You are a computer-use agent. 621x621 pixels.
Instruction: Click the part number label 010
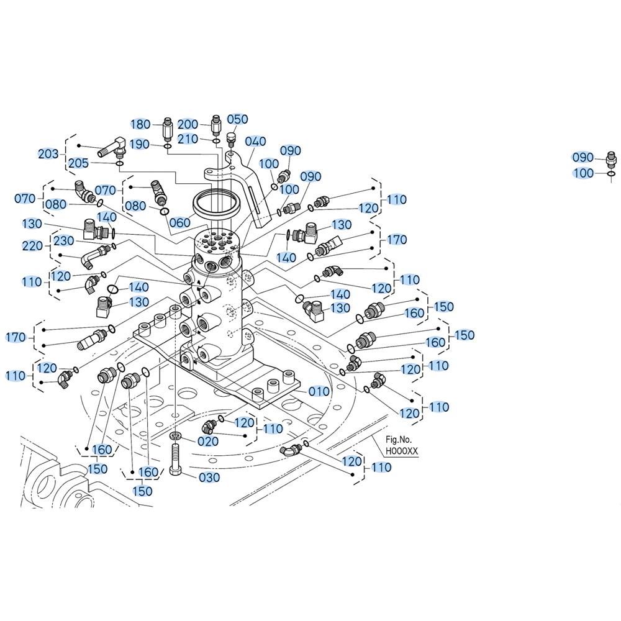319,391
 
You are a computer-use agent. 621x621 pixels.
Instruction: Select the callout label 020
208,441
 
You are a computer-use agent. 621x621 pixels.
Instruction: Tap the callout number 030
209,478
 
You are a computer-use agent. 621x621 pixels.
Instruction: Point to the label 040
255,142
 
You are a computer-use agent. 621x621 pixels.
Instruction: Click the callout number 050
238,119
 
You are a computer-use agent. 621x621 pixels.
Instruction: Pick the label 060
180,222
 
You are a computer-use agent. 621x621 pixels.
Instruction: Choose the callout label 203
48,153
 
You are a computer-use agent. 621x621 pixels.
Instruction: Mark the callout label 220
32,246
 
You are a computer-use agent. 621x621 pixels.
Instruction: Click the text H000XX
402,451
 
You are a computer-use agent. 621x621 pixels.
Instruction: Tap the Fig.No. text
399,440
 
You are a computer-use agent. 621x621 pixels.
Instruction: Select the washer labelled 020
176,436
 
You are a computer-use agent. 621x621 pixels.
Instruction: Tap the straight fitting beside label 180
167,130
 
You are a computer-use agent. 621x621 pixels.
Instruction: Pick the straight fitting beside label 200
216,125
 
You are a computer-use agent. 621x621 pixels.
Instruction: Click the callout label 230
64,241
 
